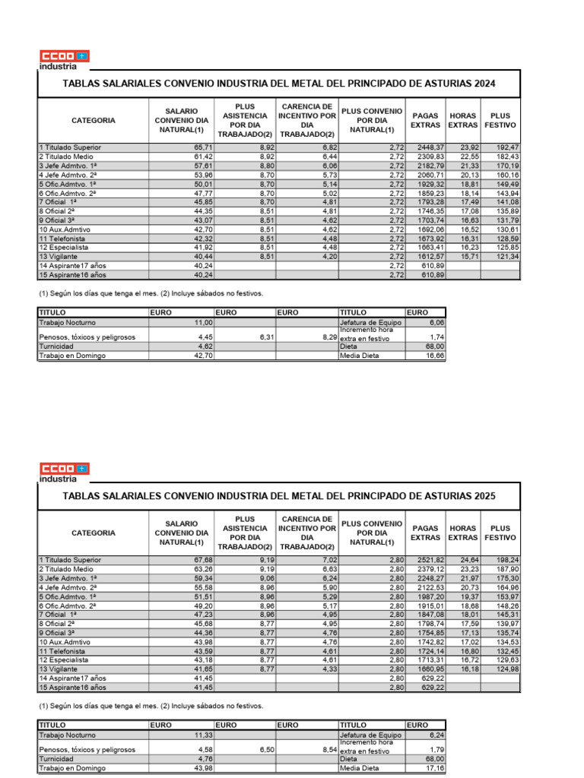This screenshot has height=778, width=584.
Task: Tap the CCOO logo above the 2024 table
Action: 64,55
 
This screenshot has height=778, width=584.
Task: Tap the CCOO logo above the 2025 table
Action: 64,468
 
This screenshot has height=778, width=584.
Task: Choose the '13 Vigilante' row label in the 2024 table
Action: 62,256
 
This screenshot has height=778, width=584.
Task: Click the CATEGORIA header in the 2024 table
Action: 94,120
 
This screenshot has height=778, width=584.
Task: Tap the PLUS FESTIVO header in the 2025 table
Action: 500,533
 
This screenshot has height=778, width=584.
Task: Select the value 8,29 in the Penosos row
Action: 324,337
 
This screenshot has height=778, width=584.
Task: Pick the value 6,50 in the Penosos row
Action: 263,750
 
